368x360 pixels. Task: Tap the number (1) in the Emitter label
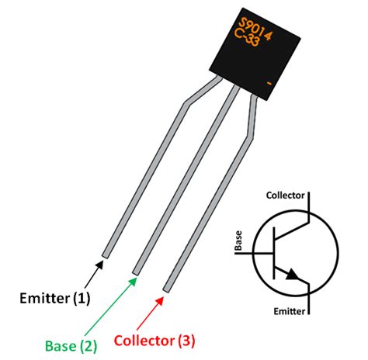tap(80, 297)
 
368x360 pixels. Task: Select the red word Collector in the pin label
tap(144, 340)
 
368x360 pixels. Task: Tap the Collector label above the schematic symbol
tap(285, 194)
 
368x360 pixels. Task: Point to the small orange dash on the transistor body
tap(268, 81)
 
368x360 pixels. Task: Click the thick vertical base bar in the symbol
tap(274, 253)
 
